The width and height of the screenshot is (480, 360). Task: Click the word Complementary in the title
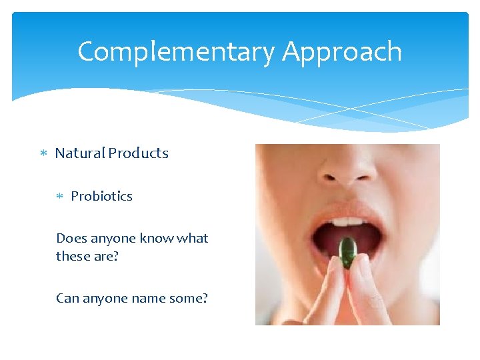coord(175,52)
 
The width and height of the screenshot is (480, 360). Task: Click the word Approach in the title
coord(342,52)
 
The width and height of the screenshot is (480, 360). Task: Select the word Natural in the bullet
coord(80,153)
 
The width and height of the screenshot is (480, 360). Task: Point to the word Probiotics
coord(101,196)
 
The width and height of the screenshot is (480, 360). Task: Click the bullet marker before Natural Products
coord(43,154)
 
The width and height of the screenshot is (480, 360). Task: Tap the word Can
coord(67,298)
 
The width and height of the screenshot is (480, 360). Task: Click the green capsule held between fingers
coord(347,252)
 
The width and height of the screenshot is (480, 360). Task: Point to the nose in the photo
coord(347,170)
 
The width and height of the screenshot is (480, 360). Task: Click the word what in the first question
coord(192,238)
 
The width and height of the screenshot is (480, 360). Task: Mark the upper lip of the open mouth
coord(347,209)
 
